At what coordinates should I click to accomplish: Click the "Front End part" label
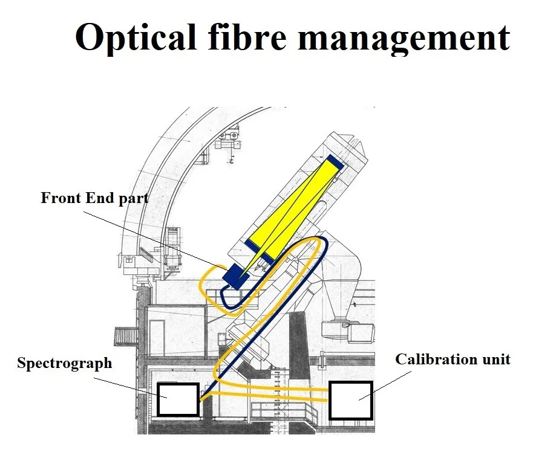coord(94,198)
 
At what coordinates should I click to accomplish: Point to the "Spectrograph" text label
coord(64,363)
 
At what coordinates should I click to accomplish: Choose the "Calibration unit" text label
coord(453,360)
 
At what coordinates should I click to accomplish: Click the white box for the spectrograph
coord(178,399)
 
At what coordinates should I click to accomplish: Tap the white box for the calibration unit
coord(351,400)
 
